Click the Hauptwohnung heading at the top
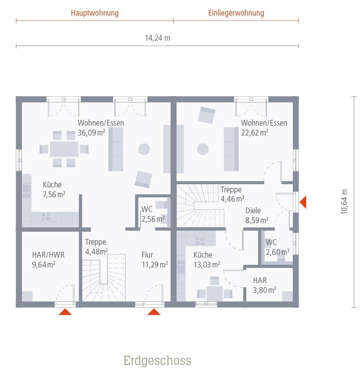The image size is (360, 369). click(x=94, y=13)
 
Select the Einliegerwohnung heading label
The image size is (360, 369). click(x=236, y=13)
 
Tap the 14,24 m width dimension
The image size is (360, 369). click(x=157, y=38)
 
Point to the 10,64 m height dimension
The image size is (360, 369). click(x=344, y=202)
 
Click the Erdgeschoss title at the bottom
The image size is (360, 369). click(x=157, y=360)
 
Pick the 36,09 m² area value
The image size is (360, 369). click(x=91, y=132)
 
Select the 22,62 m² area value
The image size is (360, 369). click(x=254, y=132)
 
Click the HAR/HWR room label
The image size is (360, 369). click(x=48, y=255)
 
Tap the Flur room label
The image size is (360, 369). click(x=147, y=255)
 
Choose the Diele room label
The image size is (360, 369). click(x=253, y=211)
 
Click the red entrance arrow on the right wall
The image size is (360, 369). click(x=303, y=202)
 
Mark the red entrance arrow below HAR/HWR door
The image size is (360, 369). click(x=65, y=312)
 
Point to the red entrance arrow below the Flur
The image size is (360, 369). click(x=154, y=312)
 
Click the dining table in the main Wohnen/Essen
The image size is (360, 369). click(x=64, y=149)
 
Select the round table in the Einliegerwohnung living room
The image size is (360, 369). click(x=203, y=149)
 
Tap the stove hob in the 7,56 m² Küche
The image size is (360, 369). click(x=46, y=216)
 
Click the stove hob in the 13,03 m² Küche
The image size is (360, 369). click(x=200, y=241)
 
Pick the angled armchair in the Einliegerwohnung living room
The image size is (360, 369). click(x=207, y=115)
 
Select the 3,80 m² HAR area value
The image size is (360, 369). click(x=264, y=289)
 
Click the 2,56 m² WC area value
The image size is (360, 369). click(x=153, y=219)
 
